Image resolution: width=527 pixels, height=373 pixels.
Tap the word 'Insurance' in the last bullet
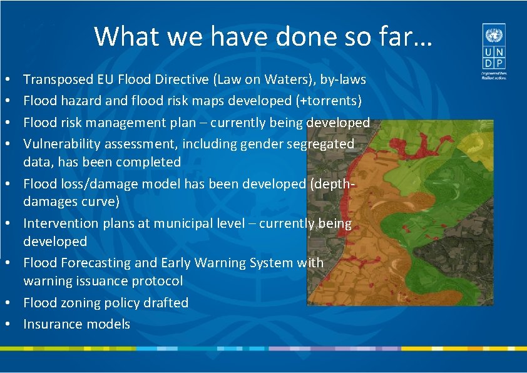[x=51, y=324]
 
